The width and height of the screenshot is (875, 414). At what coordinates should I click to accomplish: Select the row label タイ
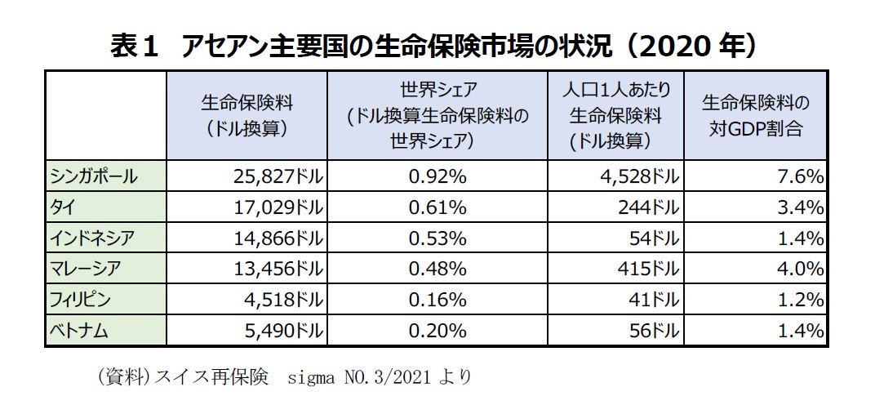click(61, 207)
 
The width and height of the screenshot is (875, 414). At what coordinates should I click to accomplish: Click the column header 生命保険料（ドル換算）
click(247, 116)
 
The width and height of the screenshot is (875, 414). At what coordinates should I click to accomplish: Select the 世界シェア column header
click(438, 116)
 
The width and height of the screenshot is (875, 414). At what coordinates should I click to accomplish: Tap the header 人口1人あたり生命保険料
click(615, 116)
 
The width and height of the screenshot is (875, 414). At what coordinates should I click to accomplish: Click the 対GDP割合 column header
click(755, 116)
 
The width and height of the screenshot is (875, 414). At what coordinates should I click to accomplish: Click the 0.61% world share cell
click(438, 207)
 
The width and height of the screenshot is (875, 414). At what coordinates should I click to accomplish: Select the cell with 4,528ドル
click(641, 176)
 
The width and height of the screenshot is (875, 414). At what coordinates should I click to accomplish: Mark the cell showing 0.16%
click(438, 300)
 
